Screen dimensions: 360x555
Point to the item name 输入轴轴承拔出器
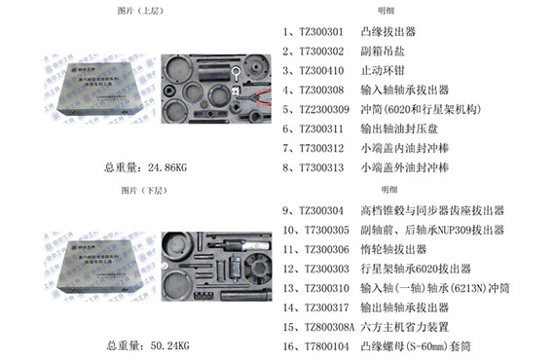[402, 90]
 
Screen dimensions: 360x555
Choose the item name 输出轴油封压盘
[396, 128]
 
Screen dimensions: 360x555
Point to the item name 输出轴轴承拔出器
[402, 307]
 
